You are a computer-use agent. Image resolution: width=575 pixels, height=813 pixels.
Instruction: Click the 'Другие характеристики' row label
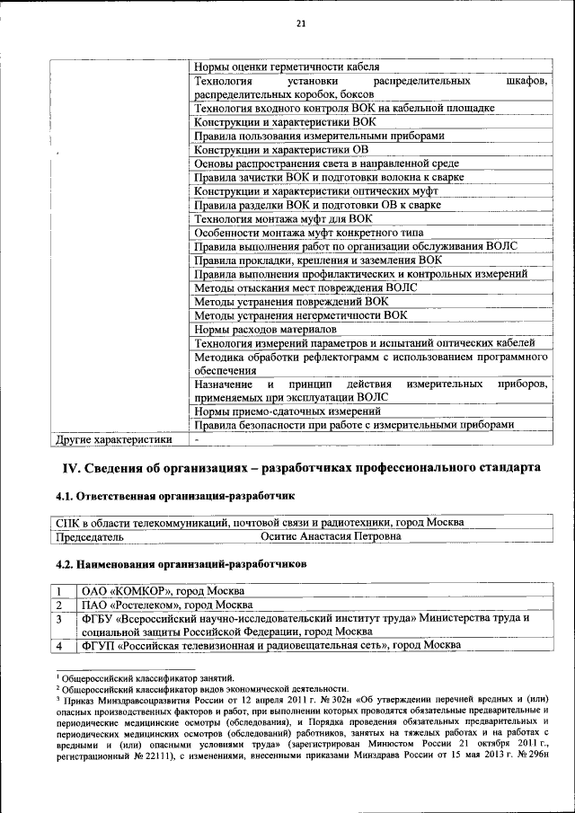pos(113,440)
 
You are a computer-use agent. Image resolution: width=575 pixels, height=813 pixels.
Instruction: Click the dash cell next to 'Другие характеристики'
pos(196,440)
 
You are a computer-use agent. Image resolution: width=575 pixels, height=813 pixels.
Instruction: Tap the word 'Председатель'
pos(90,536)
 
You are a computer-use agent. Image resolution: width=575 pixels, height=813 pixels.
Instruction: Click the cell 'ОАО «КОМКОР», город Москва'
pos(162,591)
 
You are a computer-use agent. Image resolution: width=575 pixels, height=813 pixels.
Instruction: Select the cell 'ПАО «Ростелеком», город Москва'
pos(166,605)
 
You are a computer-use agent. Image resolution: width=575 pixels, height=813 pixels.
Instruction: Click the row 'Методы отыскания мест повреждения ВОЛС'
pos(305,287)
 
